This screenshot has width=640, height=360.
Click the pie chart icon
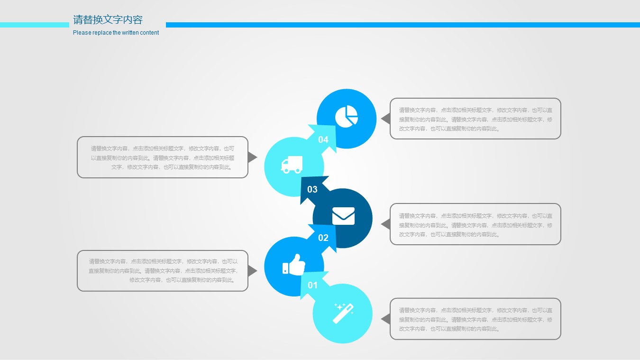click(x=346, y=116)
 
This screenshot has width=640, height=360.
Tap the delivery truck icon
click(x=292, y=165)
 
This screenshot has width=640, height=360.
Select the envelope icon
click(x=343, y=216)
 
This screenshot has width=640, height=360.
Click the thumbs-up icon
click(x=294, y=265)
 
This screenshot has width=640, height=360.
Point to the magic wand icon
click(x=343, y=314)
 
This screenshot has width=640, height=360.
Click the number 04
click(x=323, y=139)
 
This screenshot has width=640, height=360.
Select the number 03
click(x=312, y=189)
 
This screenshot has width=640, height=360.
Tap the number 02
click(x=323, y=238)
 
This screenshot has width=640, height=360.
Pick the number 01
click(x=312, y=285)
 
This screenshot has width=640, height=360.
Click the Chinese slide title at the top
click(x=108, y=20)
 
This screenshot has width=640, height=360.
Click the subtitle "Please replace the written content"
click(x=116, y=33)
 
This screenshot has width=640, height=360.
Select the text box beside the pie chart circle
click(x=475, y=119)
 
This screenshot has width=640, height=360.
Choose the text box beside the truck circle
click(x=163, y=157)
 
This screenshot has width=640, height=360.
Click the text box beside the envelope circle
click(x=475, y=224)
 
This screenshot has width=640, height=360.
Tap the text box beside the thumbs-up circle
click(x=163, y=271)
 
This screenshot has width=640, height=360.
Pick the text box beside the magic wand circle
click(x=475, y=319)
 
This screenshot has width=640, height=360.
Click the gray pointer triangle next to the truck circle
click(x=252, y=157)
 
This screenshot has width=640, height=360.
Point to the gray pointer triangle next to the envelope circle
click(x=386, y=224)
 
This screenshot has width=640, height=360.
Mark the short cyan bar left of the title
click(x=35, y=25)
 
